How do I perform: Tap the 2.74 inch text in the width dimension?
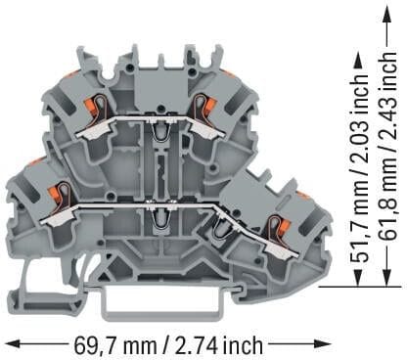pos(219,345)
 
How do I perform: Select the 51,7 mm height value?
pos(360,229)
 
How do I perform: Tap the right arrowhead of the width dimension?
pos(325,343)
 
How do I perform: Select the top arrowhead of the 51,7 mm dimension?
pos(359,61)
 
